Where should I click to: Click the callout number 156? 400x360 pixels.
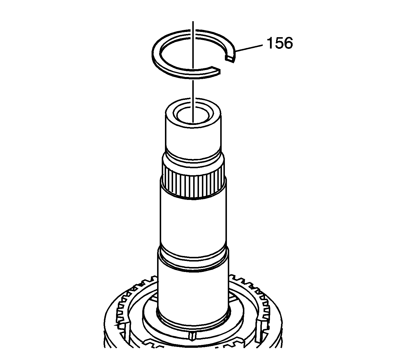[x=280, y=43]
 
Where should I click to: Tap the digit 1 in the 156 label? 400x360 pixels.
[x=271, y=43]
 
